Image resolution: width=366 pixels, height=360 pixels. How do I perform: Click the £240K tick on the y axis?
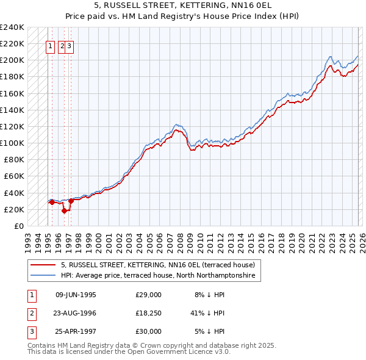[x=12, y=27]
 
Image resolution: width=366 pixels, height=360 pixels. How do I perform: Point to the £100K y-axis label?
[x=12, y=143]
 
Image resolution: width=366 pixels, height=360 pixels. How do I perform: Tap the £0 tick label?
[x=20, y=226]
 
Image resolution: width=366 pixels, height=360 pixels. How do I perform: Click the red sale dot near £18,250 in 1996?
[x=64, y=211]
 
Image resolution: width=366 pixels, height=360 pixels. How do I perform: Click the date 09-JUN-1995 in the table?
[x=76, y=294]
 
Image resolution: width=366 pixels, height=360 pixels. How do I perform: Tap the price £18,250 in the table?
[x=148, y=313]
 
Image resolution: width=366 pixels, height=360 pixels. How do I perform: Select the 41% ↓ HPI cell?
[x=207, y=313]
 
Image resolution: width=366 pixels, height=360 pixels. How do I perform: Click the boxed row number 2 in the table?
[x=30, y=313]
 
